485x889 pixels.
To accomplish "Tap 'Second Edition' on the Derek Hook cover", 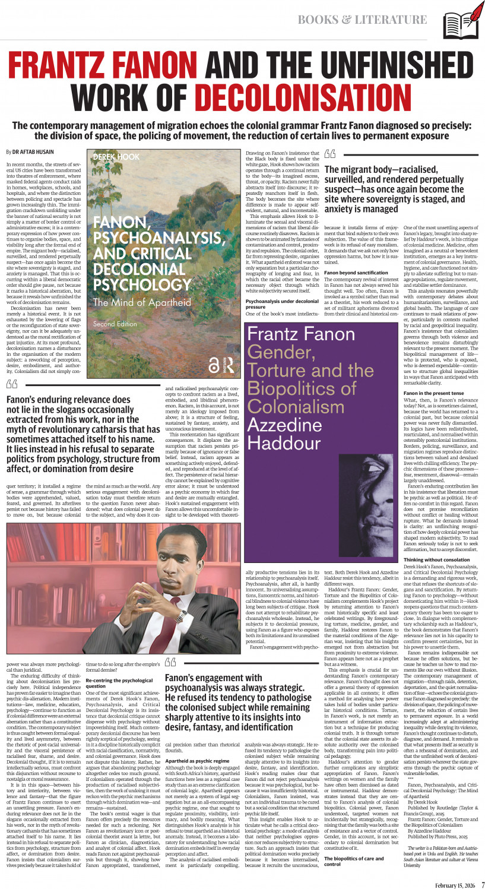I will [115, 324].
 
